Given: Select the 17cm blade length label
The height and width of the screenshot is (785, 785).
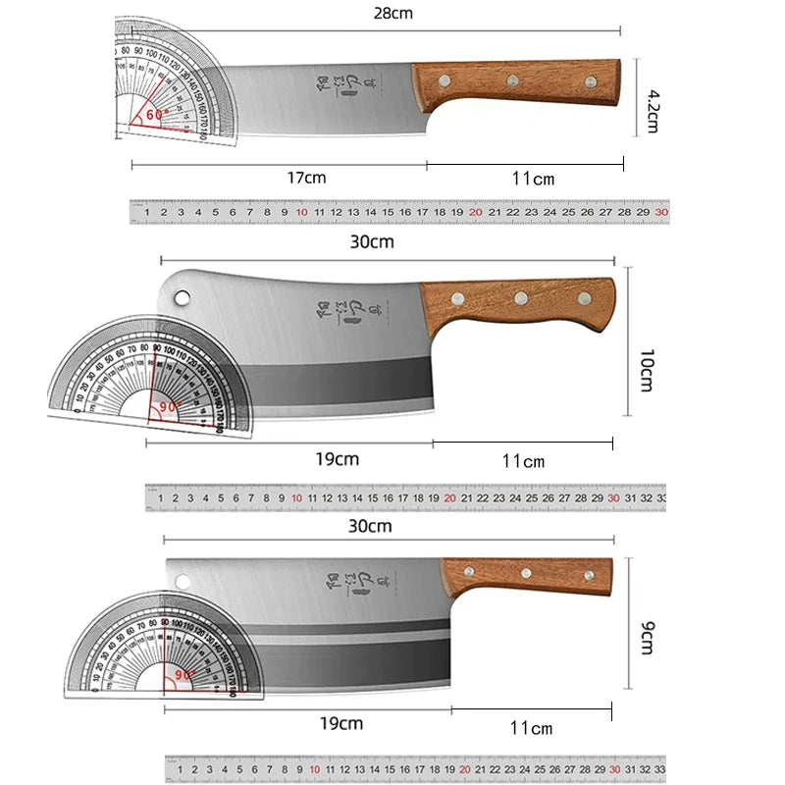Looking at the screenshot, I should [x=307, y=178].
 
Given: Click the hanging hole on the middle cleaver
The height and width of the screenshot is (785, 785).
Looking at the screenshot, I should [x=183, y=294].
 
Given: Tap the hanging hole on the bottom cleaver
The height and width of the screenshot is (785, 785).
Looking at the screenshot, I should [x=183, y=582].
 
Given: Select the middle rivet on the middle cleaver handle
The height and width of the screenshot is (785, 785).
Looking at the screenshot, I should [x=521, y=297].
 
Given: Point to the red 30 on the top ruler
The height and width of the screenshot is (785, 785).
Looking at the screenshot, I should [x=661, y=212].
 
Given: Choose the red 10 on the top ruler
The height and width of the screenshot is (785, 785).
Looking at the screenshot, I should [x=301, y=212].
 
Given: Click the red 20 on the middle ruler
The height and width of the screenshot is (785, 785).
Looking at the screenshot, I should [x=449, y=498].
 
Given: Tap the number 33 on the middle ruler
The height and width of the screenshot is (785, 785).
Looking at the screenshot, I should [x=659, y=498].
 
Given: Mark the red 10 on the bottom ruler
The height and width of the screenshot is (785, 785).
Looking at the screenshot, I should [x=315, y=770].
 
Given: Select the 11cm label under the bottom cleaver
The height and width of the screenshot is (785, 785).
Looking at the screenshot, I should [x=533, y=727].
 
